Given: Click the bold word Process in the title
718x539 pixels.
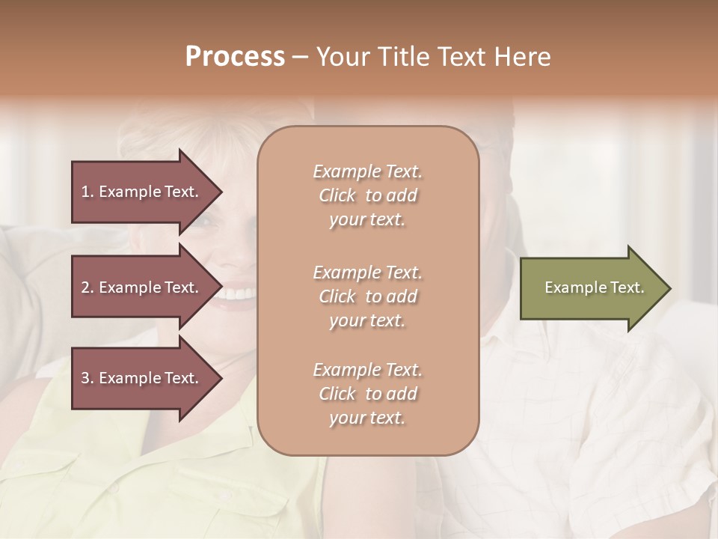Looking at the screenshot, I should tap(235, 57).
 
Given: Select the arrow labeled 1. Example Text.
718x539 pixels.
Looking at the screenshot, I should tap(142, 192).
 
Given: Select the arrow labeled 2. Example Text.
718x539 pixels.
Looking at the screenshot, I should tap(142, 287).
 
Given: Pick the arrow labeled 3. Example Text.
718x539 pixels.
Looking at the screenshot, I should tap(142, 378).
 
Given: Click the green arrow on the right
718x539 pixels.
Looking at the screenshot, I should tap(591, 288).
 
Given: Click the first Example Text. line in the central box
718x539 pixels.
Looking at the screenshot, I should tap(367, 171).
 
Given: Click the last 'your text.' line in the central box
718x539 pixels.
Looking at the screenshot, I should tap(367, 418).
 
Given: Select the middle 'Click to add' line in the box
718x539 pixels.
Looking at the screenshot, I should tap(367, 296).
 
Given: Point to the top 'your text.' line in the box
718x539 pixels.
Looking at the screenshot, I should tap(367, 220).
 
